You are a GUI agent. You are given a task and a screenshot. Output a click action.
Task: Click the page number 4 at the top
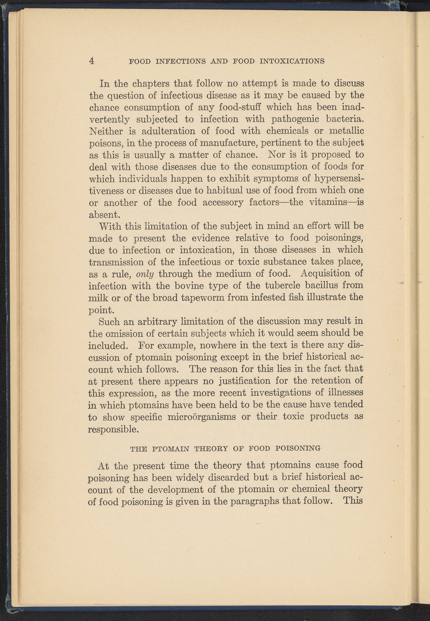coord(92,61)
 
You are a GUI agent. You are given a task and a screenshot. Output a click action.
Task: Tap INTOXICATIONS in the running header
coord(292,61)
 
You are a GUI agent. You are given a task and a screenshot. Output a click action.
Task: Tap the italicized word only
coord(145,274)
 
